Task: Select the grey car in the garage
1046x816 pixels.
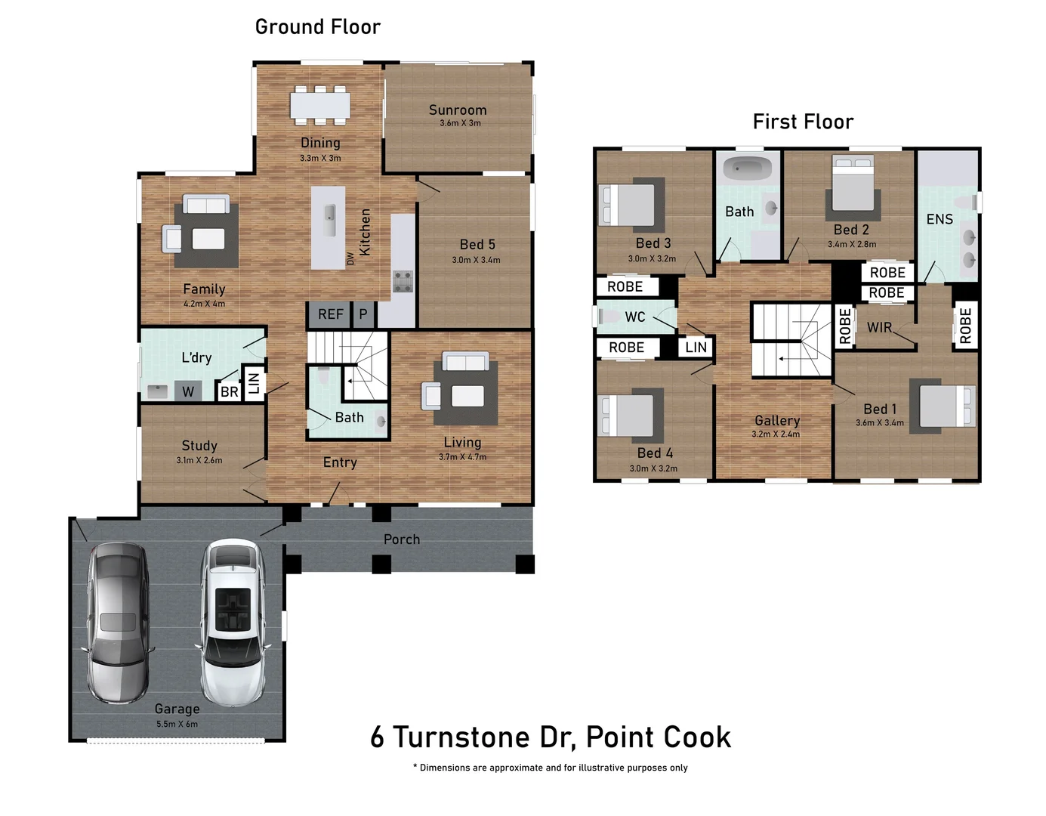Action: point(119,623)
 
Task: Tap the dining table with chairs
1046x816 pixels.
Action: point(320,105)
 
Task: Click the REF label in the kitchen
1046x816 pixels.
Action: point(330,314)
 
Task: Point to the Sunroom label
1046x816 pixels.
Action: point(458,110)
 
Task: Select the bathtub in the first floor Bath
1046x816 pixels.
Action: point(747,167)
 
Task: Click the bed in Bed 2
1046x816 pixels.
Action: point(853,184)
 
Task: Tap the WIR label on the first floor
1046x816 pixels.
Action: point(879,328)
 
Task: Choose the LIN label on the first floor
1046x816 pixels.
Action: point(696,348)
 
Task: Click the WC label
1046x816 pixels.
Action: point(635,317)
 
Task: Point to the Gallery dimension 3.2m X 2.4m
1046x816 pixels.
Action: point(776,434)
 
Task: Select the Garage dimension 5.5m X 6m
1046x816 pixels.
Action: point(177,724)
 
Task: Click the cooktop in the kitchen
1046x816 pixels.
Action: point(403,281)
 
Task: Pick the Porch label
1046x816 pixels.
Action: point(401,539)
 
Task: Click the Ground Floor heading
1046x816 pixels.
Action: point(318,27)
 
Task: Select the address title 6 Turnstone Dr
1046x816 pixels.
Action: point(550,737)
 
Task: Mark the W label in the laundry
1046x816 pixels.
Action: point(188,391)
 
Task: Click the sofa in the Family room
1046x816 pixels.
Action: point(206,206)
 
